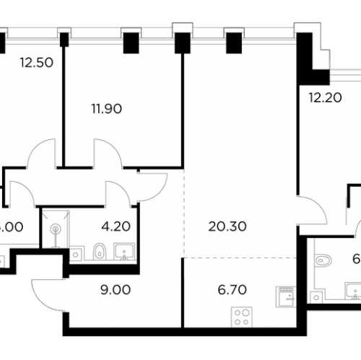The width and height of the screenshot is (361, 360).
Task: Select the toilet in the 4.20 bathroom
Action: coord(99,251)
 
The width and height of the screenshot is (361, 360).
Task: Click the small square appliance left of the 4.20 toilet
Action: coord(74,253)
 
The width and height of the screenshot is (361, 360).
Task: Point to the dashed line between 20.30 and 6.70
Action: coord(238,258)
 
